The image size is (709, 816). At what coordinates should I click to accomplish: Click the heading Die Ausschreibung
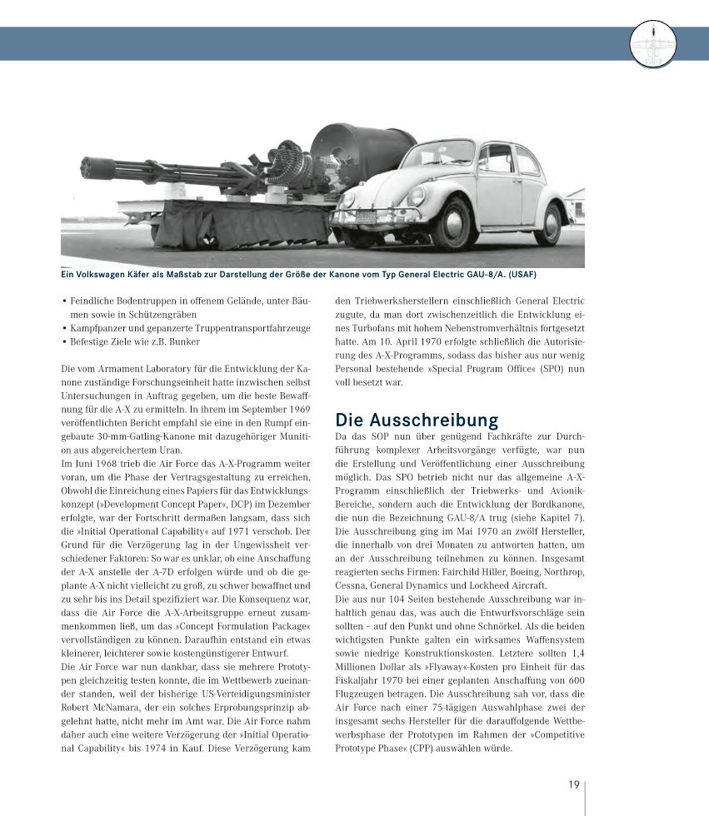416,419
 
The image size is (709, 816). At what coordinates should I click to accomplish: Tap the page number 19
574,784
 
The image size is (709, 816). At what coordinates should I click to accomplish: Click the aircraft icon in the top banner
653,43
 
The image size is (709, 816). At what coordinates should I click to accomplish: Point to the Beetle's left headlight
416,197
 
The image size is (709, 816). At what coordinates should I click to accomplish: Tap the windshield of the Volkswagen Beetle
439,154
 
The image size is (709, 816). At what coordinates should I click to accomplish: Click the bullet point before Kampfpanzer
64,327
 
